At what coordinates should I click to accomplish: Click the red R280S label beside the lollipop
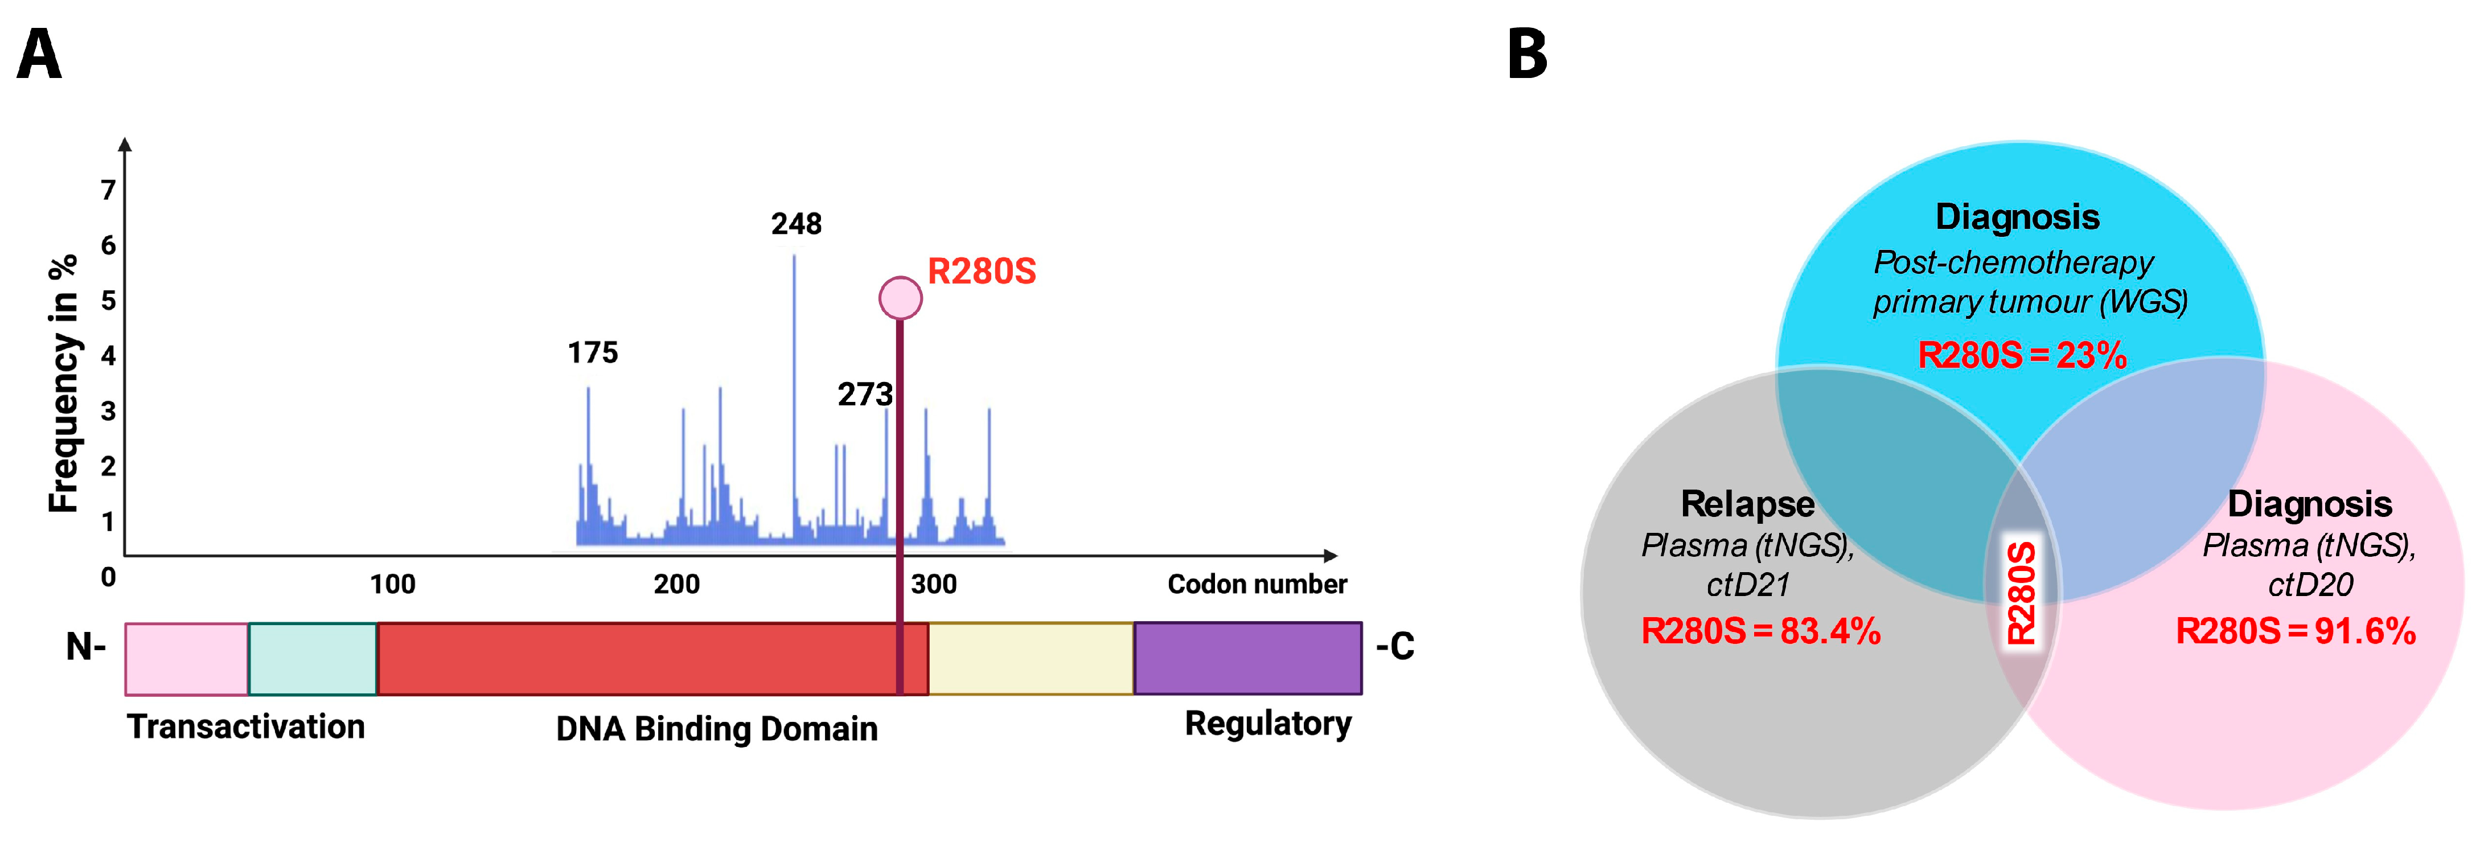982,272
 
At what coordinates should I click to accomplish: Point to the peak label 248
796,224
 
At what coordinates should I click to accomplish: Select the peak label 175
592,352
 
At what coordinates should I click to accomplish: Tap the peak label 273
864,394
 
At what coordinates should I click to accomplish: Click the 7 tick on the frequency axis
108,190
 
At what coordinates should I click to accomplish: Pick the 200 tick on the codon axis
676,584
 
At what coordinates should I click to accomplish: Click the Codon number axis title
1257,584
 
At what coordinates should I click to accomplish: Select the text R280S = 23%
2022,355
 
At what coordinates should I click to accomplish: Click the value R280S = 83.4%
1760,631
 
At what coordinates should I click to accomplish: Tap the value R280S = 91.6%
2295,631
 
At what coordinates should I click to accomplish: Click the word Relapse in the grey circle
1747,504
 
